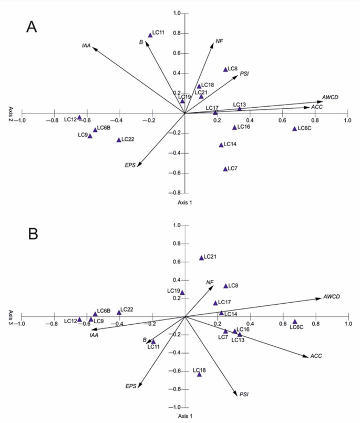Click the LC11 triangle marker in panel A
pyautogui.click(x=150, y=35)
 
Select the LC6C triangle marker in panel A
pyautogui.click(x=295, y=129)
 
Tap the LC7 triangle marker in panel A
pyautogui.click(x=225, y=169)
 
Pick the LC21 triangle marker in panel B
pyautogui.click(x=201, y=257)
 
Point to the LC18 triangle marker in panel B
pyautogui.click(x=199, y=374)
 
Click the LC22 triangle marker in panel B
pyautogui.click(x=119, y=313)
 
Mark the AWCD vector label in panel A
pyautogui.click(x=330, y=98)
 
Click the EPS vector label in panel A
pyautogui.click(x=130, y=165)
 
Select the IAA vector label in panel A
pyautogui.click(x=87, y=46)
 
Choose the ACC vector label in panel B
pyautogui.click(x=316, y=356)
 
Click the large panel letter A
pyautogui.click(x=32, y=27)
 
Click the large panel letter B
pyautogui.click(x=33, y=233)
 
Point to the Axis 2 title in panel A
pyautogui.click(x=10, y=113)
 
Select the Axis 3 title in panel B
pyautogui.click(x=10, y=316)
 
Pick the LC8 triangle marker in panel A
pyautogui.click(x=225, y=69)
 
